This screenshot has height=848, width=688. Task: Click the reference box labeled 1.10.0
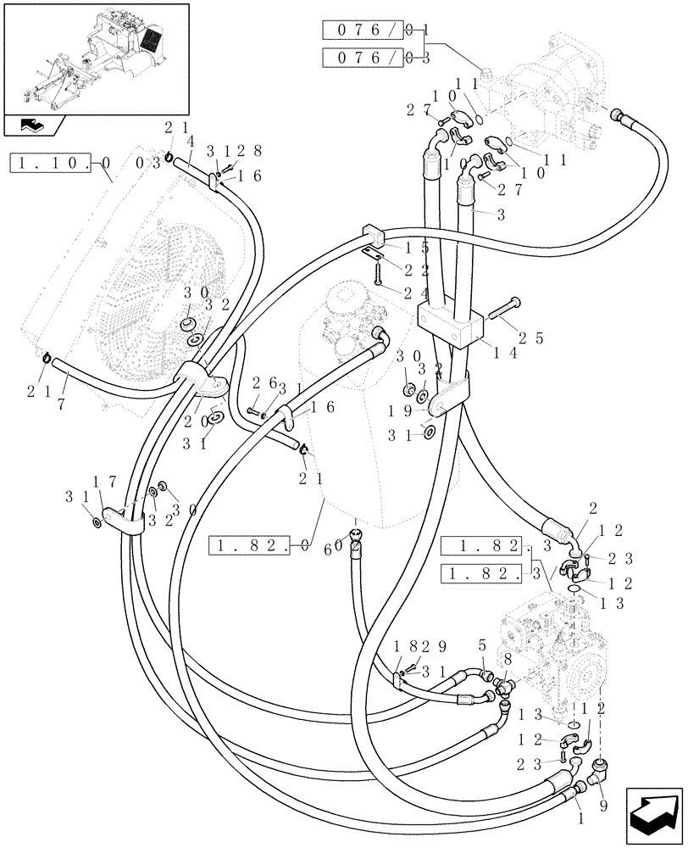59,162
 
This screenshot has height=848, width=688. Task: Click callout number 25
530,338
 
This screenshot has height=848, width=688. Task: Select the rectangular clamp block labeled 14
450,326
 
